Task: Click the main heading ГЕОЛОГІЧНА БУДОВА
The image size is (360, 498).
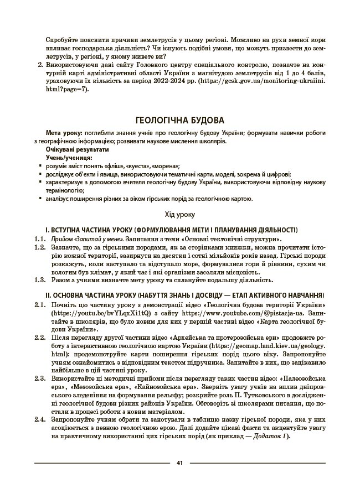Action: coord(179,120)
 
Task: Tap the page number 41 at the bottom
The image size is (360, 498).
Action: coord(179,463)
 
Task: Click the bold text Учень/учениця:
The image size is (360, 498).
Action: coord(69,157)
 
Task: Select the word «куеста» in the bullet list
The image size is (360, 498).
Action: coord(141,165)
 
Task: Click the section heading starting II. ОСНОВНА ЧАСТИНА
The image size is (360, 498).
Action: coord(179,295)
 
